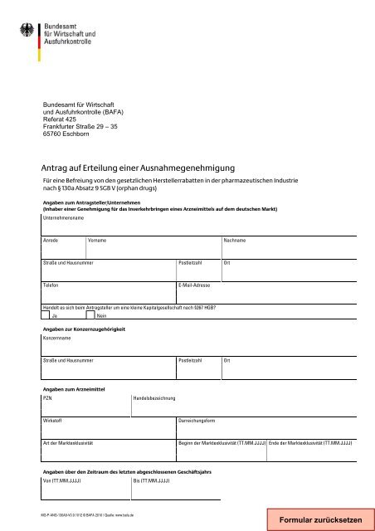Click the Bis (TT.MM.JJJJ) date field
176,491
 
